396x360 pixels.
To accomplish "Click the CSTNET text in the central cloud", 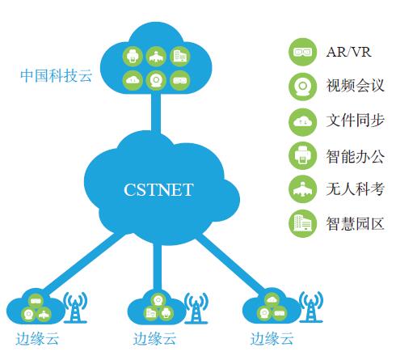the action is (158, 189).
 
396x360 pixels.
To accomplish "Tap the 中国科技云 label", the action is (57, 75).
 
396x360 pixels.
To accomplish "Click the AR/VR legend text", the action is (349, 52).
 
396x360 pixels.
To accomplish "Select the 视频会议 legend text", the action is (356, 86).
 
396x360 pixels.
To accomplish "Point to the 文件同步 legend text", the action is (356, 121).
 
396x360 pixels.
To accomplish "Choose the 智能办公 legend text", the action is (356, 155).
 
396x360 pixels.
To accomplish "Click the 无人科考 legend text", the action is (356, 189).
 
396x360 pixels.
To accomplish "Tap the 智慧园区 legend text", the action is (356, 223).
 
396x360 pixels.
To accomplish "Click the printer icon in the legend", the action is (302, 155).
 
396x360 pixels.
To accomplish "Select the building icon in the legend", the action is (302, 223).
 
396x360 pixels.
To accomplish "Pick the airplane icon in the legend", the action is (302, 189).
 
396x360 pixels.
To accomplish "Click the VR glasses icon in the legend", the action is (302, 52).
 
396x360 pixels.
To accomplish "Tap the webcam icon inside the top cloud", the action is (156, 80).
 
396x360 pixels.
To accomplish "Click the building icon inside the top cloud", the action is (180, 57).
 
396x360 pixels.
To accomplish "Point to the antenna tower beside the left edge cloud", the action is (75, 307).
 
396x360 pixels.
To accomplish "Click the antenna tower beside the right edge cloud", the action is (311, 307).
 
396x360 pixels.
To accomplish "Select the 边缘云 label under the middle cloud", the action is (154, 339).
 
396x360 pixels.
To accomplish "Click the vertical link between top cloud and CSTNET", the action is (156, 112).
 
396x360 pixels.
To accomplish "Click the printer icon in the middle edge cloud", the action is (166, 313).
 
